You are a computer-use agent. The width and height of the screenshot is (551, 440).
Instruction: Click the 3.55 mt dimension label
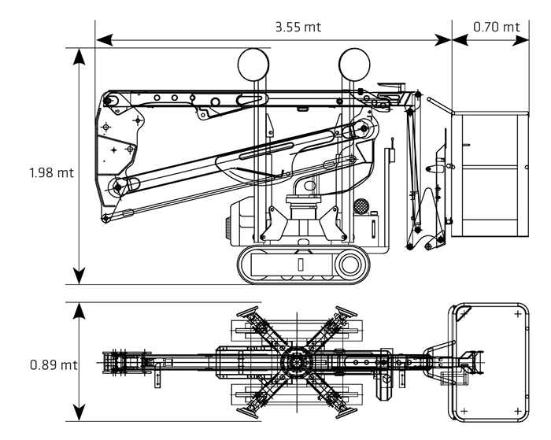298,27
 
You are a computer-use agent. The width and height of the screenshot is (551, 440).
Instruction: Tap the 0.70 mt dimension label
496,27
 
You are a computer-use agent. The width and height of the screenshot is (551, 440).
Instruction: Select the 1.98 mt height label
52,172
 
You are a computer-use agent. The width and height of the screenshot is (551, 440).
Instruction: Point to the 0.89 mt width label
54,364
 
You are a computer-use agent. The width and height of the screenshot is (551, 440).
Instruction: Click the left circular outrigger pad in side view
253,65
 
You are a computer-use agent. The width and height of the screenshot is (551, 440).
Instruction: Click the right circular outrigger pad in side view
354,65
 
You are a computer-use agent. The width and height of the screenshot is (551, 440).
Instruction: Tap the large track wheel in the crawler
350,264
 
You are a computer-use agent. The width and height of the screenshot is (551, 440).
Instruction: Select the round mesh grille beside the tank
361,205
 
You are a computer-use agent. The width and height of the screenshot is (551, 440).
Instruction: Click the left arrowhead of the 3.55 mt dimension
105,40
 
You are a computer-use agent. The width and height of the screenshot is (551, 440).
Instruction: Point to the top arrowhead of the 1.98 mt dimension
80,56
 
